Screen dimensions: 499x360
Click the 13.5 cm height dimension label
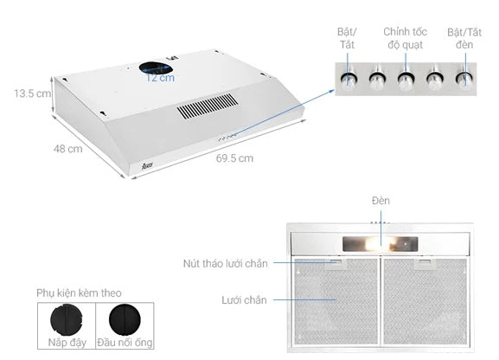tap(32, 93)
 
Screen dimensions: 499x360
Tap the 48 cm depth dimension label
tap(67, 149)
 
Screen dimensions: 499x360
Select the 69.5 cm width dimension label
tap(234, 158)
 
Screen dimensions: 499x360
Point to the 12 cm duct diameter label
tap(160, 78)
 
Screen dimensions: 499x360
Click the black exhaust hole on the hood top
tap(156, 67)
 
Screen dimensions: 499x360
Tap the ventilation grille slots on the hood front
tap(208, 106)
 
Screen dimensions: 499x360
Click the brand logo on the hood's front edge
tap(147, 165)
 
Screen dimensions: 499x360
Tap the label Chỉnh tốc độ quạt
tap(405, 38)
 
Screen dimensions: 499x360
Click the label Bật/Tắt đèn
tap(464, 38)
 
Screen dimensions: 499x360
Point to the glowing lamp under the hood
tap(380, 244)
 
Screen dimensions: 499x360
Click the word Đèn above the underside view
tap(381, 201)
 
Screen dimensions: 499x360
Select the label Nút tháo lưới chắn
tap(226, 263)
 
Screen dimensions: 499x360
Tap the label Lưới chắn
tap(244, 300)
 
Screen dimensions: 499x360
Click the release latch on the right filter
tap(425, 264)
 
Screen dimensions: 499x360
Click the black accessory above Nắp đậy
tap(67, 319)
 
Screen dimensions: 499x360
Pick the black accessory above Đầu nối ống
tap(125, 319)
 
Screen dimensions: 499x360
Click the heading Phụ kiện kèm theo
tap(79, 293)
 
